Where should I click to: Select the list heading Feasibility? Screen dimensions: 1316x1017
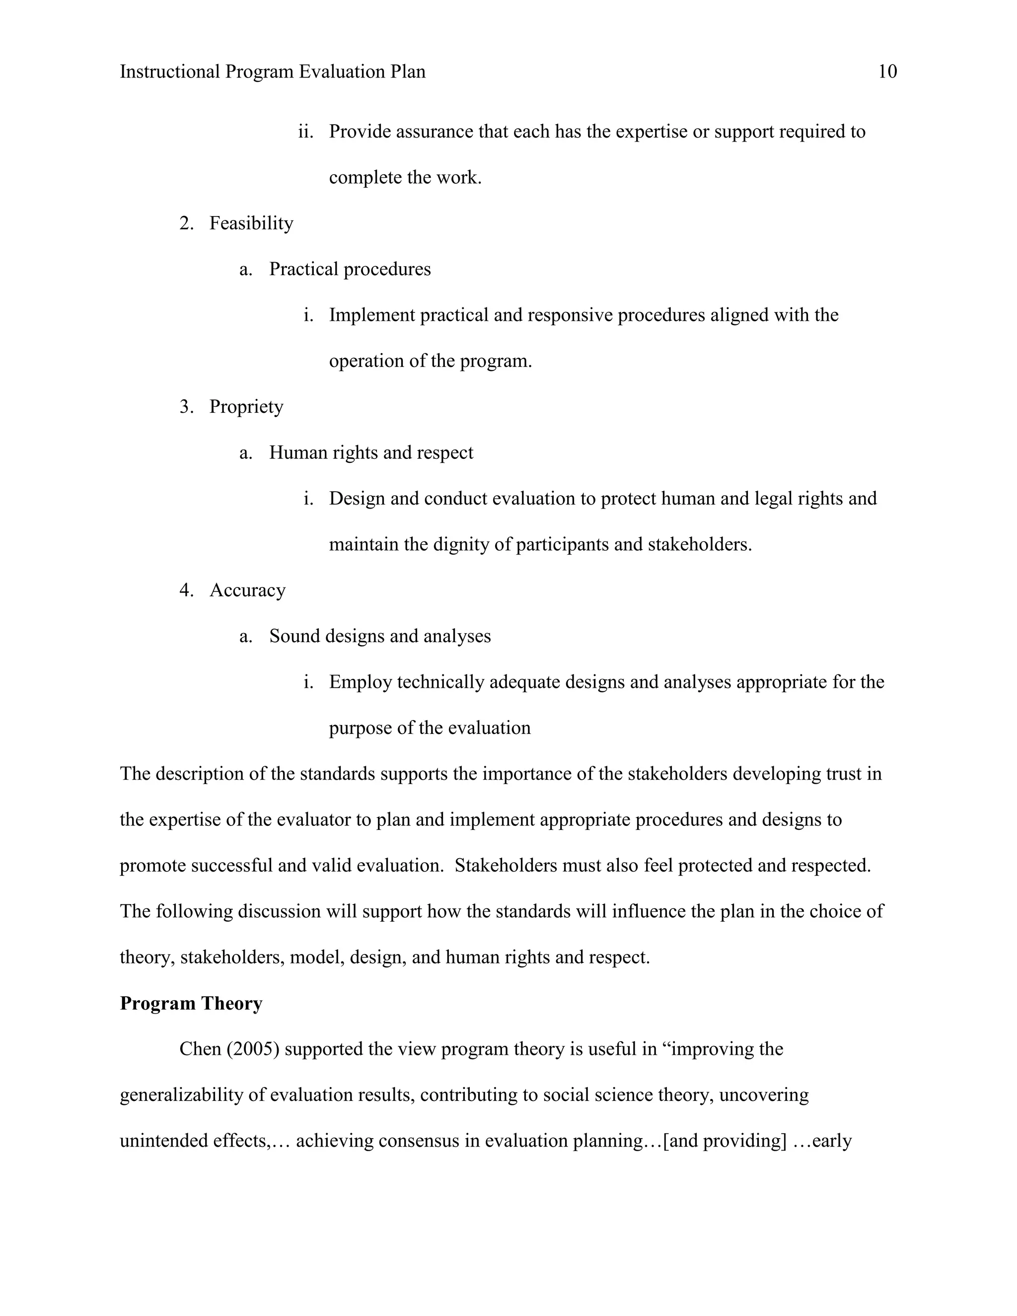251,223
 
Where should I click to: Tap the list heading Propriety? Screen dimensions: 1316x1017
246,407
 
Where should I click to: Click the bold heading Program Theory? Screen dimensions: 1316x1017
191,1003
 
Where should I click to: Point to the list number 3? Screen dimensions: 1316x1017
186,407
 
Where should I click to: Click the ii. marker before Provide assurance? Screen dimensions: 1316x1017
306,132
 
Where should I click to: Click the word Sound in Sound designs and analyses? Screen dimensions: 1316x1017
294,636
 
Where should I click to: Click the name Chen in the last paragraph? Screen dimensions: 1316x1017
200,1049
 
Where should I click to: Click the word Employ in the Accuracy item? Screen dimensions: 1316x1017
360,682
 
